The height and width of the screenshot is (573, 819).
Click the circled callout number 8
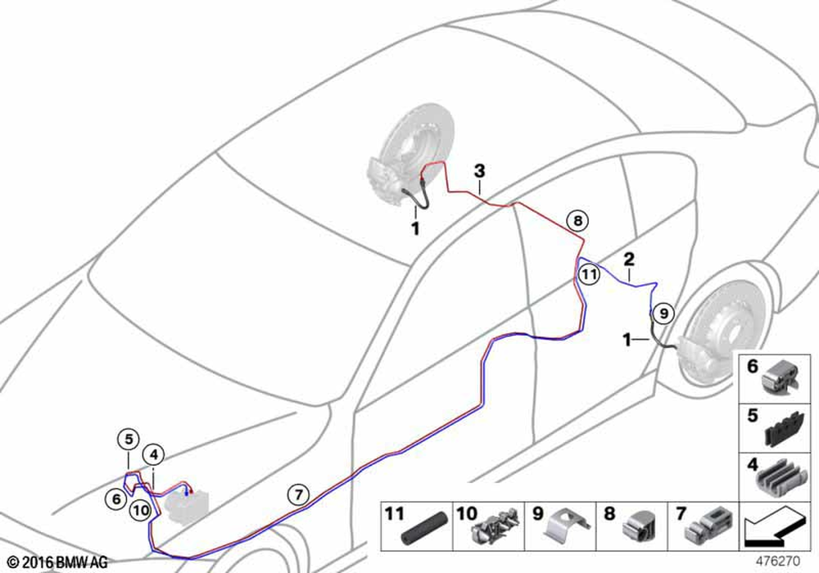(577, 221)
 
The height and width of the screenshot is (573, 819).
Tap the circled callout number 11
(589, 274)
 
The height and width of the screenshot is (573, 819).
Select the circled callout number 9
(663, 314)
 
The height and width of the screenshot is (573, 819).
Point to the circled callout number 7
(298, 494)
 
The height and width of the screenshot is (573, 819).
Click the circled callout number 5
(129, 440)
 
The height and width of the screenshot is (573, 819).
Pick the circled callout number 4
(154, 455)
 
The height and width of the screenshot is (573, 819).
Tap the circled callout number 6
(116, 499)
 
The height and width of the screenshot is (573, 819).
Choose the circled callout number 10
(141, 510)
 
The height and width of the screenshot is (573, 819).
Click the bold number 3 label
(479, 170)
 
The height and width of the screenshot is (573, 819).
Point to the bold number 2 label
(629, 259)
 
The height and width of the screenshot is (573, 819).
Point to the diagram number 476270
(778, 562)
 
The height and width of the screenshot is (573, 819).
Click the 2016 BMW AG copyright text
(57, 562)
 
